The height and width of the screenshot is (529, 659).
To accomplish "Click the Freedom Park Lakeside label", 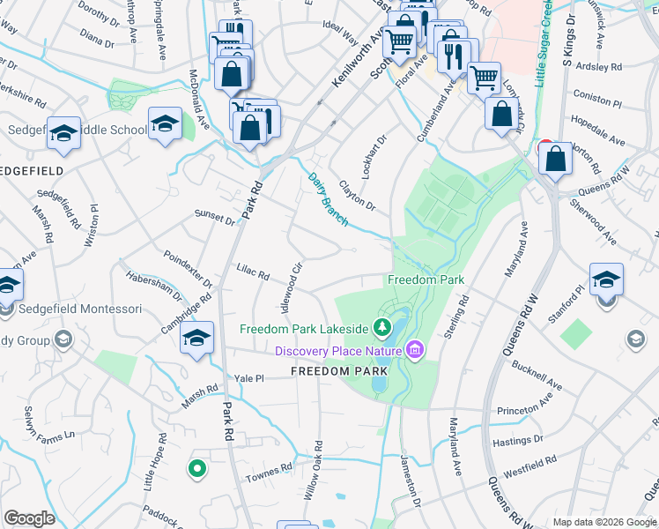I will point(304,329).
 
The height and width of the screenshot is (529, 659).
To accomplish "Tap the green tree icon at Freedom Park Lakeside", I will point(381,329).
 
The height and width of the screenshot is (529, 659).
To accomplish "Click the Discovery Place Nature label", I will point(338,351).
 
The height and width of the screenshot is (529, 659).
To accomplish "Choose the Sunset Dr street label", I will point(215,218).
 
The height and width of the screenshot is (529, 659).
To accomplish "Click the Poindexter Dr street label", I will point(188,269).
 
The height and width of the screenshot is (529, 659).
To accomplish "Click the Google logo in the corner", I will point(30,518).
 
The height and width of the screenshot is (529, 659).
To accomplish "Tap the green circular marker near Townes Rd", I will point(197,469).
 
